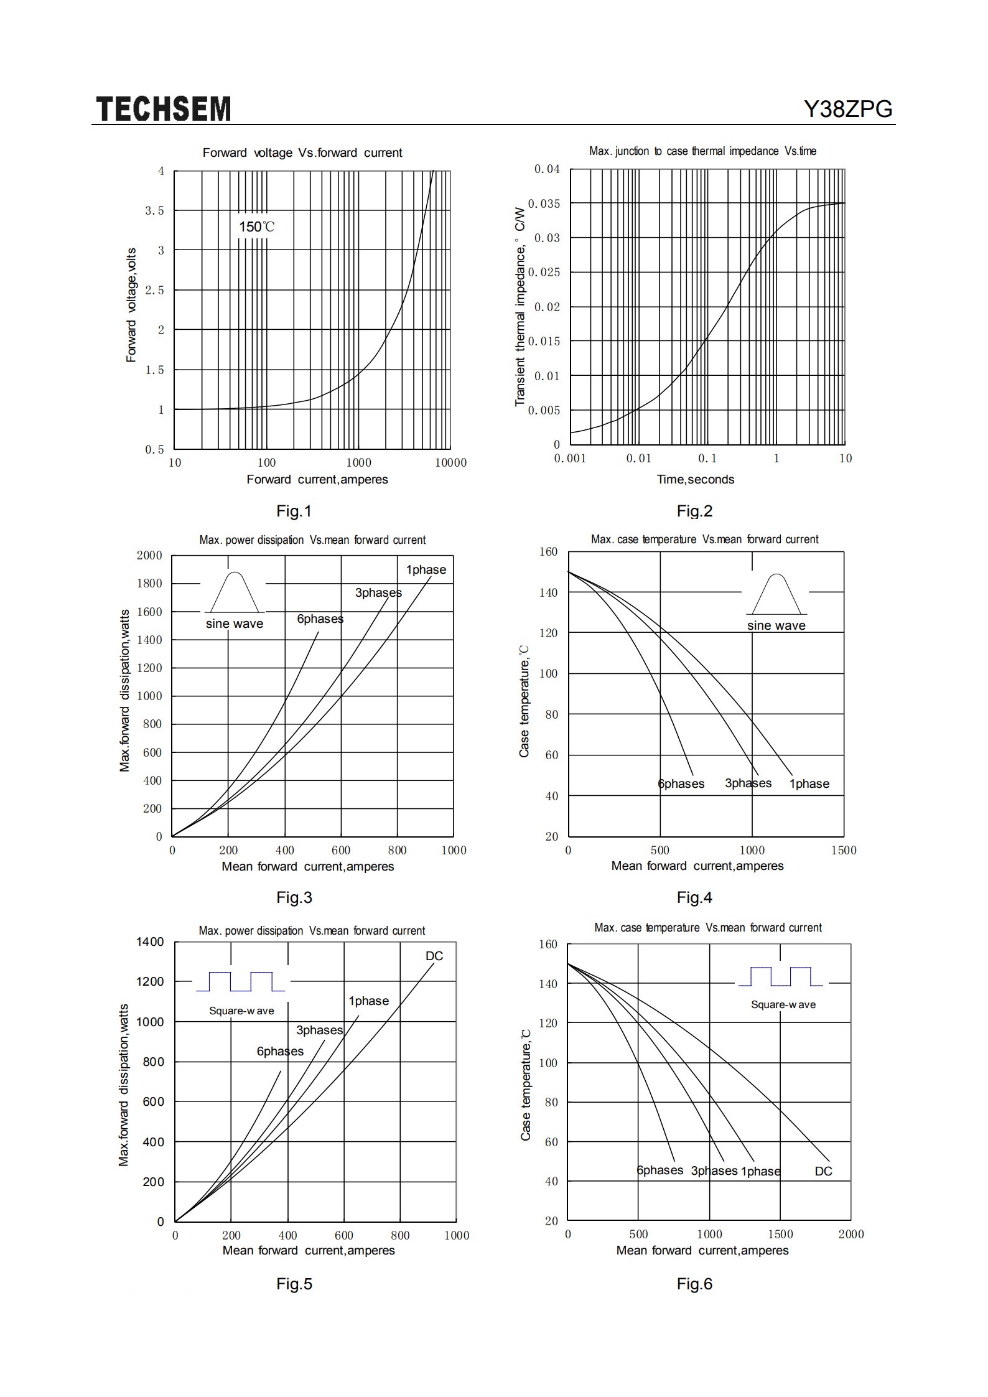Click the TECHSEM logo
click(164, 109)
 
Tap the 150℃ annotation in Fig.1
click(256, 227)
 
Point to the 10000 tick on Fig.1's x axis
click(450, 462)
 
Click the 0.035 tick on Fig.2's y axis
click(544, 203)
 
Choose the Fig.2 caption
click(694, 511)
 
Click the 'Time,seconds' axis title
click(695, 479)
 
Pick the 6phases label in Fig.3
click(320, 619)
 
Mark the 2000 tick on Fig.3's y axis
click(149, 555)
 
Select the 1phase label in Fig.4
click(809, 783)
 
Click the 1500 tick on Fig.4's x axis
click(844, 850)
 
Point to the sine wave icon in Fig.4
click(776, 594)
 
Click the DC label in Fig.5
click(434, 956)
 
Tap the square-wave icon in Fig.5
click(241, 981)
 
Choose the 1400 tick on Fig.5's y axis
click(150, 942)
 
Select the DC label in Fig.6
click(823, 1171)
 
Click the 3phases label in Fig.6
click(714, 1170)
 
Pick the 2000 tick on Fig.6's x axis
click(851, 1234)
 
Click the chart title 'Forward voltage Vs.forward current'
click(302, 152)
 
